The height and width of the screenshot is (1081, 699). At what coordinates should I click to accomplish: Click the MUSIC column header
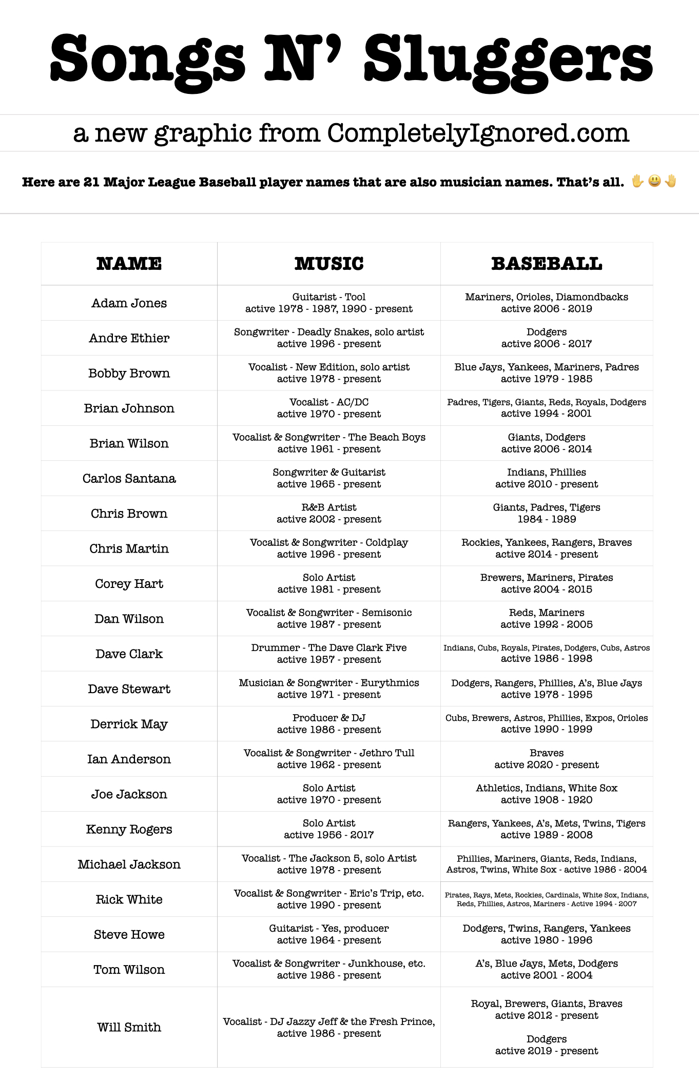click(x=329, y=264)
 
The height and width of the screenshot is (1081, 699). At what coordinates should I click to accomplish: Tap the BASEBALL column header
click(x=547, y=264)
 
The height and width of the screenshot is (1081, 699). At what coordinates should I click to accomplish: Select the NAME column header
click(x=129, y=264)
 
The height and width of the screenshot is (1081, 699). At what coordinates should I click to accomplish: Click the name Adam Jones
click(x=129, y=303)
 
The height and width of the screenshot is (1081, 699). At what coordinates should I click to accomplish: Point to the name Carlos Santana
click(x=129, y=479)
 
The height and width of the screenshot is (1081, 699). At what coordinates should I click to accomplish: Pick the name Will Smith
click(x=129, y=1027)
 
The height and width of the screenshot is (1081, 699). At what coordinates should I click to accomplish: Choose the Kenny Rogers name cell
click(x=129, y=830)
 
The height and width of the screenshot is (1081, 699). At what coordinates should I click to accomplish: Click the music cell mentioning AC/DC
click(x=329, y=408)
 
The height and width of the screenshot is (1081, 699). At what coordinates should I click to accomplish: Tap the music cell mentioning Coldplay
click(x=329, y=548)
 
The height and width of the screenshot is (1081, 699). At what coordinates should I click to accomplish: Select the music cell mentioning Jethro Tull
click(x=329, y=759)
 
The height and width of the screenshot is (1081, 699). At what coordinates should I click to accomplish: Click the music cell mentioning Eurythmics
click(x=329, y=689)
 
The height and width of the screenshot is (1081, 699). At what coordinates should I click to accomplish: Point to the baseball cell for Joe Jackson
click(x=547, y=794)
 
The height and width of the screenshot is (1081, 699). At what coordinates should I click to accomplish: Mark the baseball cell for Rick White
click(x=547, y=899)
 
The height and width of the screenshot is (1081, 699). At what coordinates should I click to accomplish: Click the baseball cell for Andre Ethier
click(x=547, y=338)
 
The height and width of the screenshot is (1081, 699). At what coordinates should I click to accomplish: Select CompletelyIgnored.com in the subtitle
click(x=478, y=133)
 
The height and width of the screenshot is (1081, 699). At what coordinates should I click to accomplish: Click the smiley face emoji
click(x=654, y=181)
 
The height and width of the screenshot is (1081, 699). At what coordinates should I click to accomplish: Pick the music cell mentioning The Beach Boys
click(x=329, y=443)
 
